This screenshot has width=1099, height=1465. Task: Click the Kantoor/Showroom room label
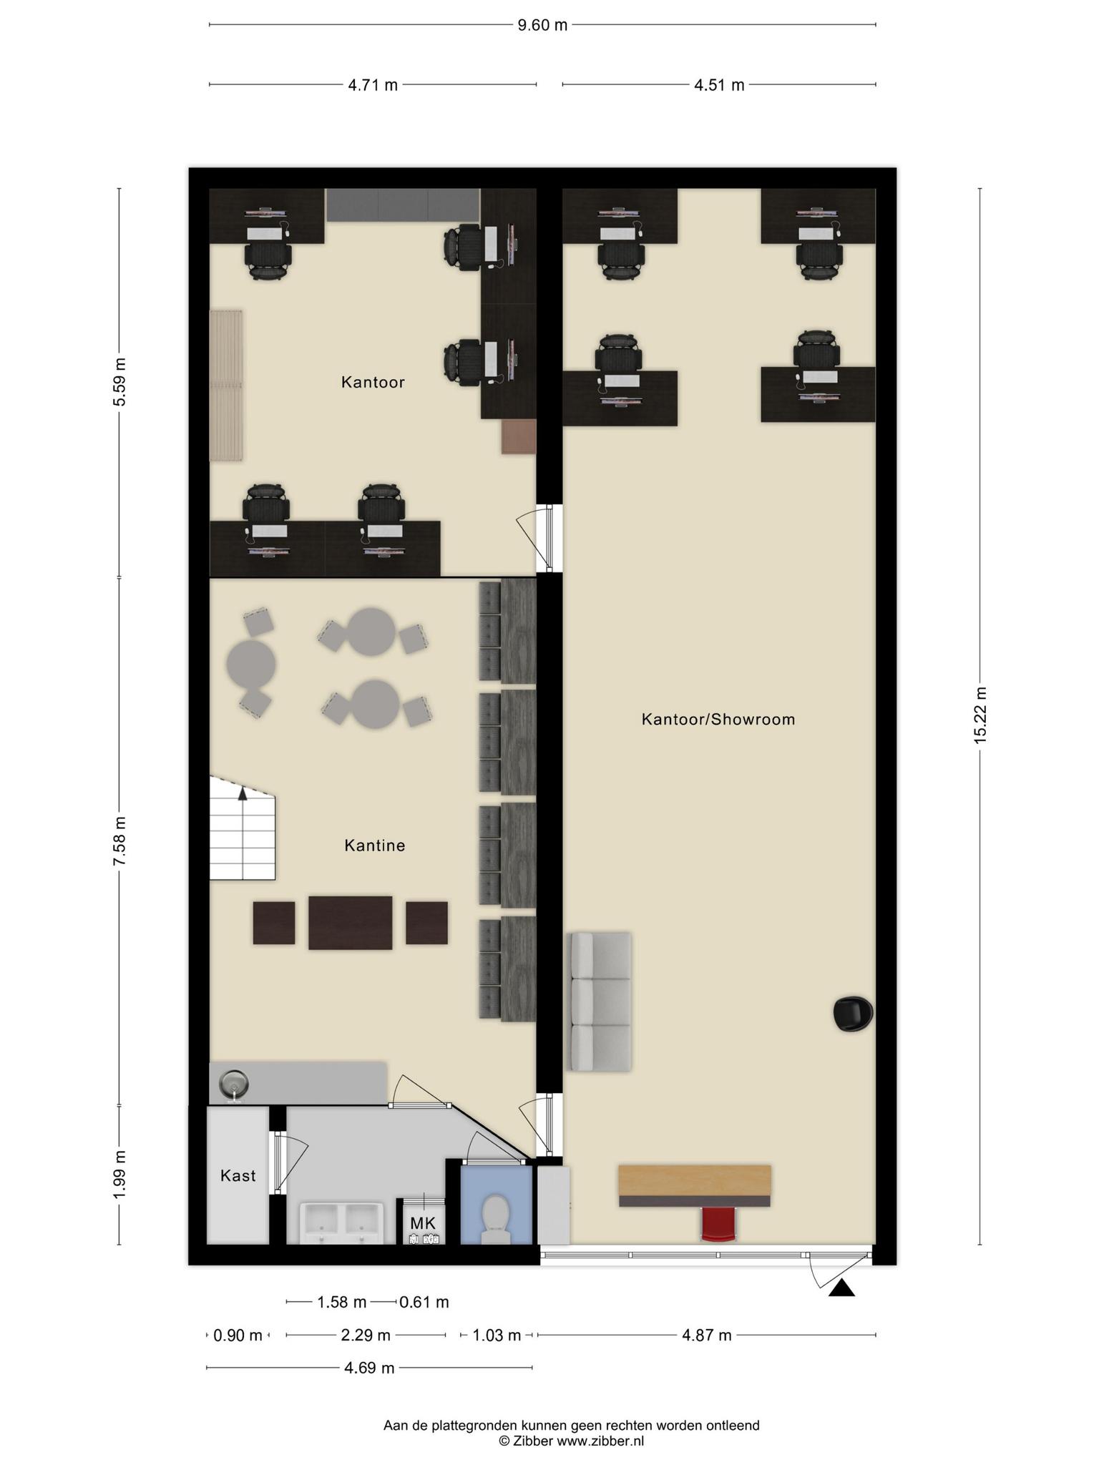(x=718, y=719)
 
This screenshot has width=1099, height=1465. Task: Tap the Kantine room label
(x=375, y=846)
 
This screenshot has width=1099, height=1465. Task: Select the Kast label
(x=238, y=1175)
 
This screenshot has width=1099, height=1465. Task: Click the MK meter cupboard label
(x=423, y=1223)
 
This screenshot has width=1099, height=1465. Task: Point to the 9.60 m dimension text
(x=542, y=25)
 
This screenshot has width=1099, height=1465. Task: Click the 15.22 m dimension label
(x=980, y=715)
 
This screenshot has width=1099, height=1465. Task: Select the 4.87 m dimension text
(x=706, y=1335)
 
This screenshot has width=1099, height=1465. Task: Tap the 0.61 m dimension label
(x=424, y=1302)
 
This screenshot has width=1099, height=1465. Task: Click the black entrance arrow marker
(x=842, y=1288)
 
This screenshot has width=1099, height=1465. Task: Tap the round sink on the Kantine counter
(x=233, y=1084)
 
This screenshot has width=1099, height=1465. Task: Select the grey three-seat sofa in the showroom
(x=600, y=1001)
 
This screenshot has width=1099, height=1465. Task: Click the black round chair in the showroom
(x=853, y=1014)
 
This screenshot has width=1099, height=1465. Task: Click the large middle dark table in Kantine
(x=351, y=923)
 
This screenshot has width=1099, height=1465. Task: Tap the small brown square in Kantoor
(x=519, y=436)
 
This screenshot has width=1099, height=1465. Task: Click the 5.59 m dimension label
(x=119, y=382)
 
